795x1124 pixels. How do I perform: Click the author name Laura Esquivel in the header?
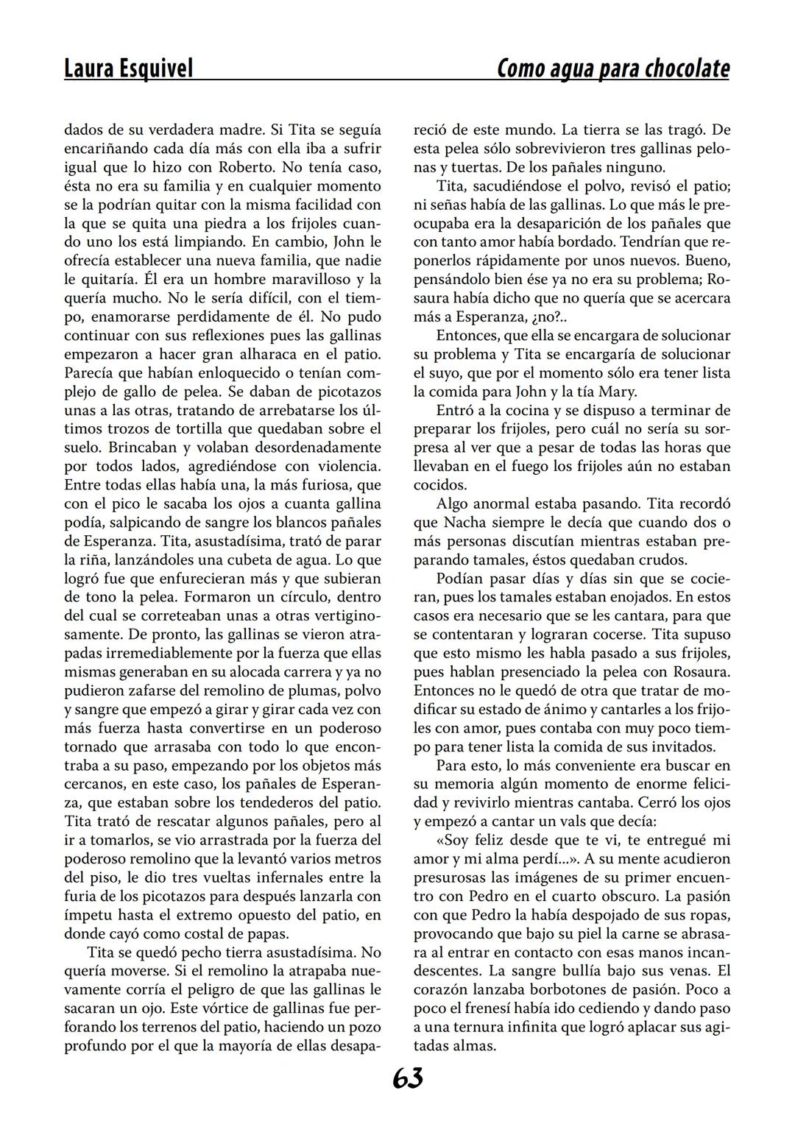pos(128,68)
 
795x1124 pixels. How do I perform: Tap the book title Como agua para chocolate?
pos(613,68)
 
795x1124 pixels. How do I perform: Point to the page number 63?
pos(407,1078)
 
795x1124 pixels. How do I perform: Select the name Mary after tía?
pos(618,391)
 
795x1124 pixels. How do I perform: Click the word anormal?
pos(502,503)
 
